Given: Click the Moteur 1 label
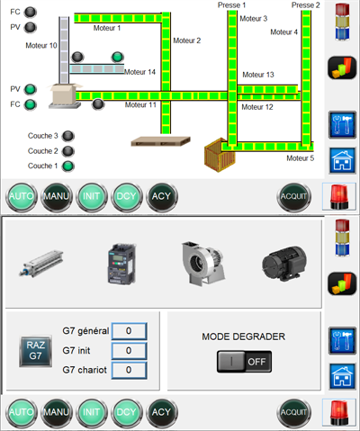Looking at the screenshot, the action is [x=107, y=28].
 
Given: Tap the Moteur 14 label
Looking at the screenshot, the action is [x=139, y=72].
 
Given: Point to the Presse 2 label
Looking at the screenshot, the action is [x=306, y=5].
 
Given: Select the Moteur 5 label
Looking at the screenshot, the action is [x=300, y=158].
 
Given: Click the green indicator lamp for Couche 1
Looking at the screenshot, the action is [x=68, y=166].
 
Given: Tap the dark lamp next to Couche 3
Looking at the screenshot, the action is [x=68, y=136].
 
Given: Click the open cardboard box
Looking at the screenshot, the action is [x=65, y=95].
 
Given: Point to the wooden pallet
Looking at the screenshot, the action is [x=161, y=141].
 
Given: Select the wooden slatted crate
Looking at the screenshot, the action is [x=220, y=155].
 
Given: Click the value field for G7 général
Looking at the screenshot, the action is [x=129, y=331].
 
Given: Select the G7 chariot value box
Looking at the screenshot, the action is [x=129, y=370].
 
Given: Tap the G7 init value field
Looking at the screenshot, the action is [x=129, y=350].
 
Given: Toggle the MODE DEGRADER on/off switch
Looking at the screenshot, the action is [x=244, y=362].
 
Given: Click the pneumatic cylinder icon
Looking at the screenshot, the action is [x=41, y=264].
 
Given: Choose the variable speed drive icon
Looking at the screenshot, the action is [x=121, y=264].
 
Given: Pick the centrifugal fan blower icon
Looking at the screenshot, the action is [x=203, y=263].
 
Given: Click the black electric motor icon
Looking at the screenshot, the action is [x=284, y=264].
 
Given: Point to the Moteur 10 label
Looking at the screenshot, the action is [x=41, y=46].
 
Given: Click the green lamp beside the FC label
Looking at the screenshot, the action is [x=30, y=104].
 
